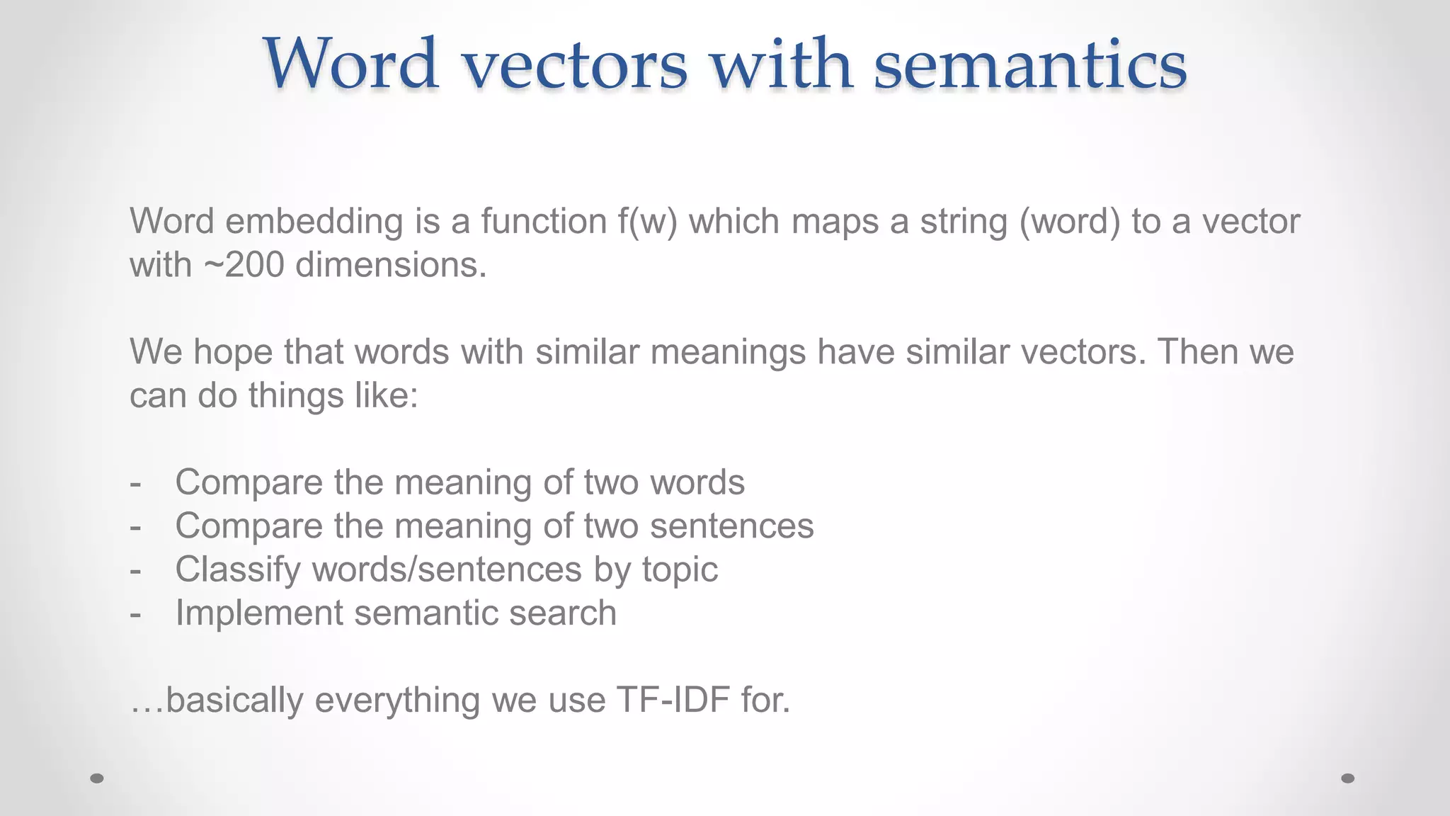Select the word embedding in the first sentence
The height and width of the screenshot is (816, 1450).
coord(314,222)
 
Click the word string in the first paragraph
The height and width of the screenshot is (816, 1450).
coord(964,222)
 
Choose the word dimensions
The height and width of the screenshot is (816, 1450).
coord(391,266)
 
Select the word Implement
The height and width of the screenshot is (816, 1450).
coord(259,613)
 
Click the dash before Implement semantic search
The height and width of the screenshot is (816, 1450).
coord(136,613)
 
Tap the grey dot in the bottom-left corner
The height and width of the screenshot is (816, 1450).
coord(97,778)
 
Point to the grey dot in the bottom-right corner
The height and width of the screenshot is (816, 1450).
coord(1348,778)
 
